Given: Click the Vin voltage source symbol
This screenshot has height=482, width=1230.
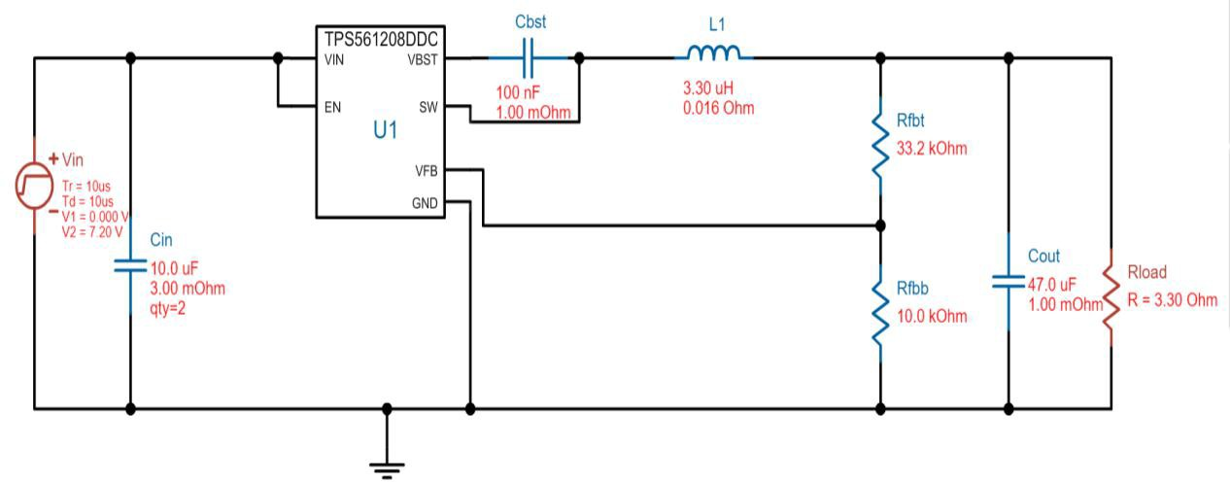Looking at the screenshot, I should point(34,185).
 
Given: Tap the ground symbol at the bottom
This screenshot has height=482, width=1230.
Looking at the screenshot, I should point(387,466).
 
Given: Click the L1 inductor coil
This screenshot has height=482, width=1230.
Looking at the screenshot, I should point(713,53).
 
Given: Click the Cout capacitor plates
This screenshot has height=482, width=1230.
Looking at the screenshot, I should point(1008,282).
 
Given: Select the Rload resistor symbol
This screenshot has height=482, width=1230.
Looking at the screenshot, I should point(1112,297).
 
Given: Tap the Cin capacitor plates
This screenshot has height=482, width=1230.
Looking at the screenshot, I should point(131,264).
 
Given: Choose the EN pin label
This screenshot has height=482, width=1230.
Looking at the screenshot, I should point(332,107).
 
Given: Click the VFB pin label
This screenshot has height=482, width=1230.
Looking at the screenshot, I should point(426,171).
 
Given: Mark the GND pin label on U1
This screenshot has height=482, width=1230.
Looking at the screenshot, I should point(425,204).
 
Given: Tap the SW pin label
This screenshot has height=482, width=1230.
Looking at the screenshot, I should point(428,106).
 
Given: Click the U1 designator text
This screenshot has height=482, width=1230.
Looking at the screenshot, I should point(386,130).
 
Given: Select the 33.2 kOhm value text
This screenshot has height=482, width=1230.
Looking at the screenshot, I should point(933,149).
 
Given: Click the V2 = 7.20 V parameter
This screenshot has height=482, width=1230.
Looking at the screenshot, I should point(92,231).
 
